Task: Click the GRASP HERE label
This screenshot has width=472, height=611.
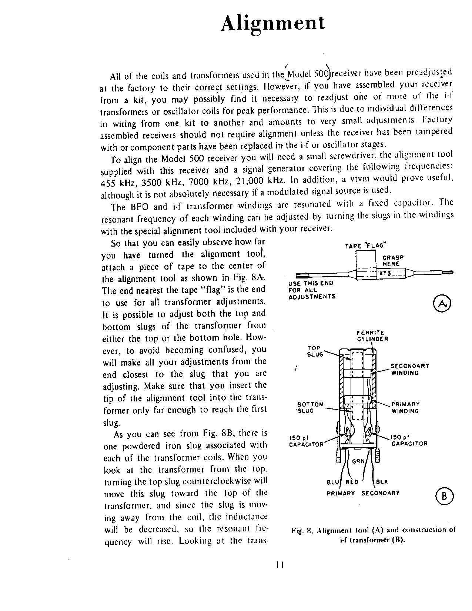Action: coord(392,261)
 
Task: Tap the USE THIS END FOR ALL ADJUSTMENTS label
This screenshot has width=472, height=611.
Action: coord(311,290)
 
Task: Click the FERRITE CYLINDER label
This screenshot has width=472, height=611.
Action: coord(372,336)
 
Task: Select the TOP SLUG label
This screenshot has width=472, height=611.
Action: coord(315,351)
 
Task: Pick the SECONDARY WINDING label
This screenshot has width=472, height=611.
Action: coord(410,369)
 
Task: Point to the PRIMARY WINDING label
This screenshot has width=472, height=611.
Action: coord(405,407)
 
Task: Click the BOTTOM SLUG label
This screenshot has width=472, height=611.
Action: coord(310,407)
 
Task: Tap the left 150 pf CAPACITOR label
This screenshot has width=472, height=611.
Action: coord(306,441)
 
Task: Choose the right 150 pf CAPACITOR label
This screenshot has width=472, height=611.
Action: coord(409,440)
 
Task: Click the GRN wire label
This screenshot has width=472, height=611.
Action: coord(358,461)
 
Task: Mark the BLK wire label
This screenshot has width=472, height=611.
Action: coord(382,482)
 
